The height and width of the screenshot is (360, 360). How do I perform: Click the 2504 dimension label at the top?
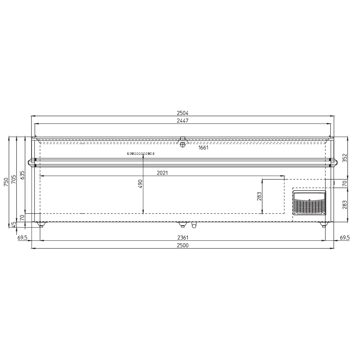click(x=182, y=113)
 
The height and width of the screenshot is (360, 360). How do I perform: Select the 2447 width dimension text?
click(x=182, y=121)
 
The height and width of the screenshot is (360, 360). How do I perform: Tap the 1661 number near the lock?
click(x=203, y=148)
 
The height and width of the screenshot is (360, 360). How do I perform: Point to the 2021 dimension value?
click(x=162, y=173)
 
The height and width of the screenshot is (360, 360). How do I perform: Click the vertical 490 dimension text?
click(x=140, y=184)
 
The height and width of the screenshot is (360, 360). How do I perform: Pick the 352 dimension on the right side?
click(x=345, y=158)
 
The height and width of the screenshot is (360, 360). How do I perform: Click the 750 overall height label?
click(x=6, y=182)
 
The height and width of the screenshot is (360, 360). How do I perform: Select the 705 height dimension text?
click(x=14, y=179)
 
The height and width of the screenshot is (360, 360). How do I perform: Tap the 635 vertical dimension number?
click(x=22, y=175)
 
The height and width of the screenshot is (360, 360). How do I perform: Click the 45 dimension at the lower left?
click(x=14, y=225)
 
